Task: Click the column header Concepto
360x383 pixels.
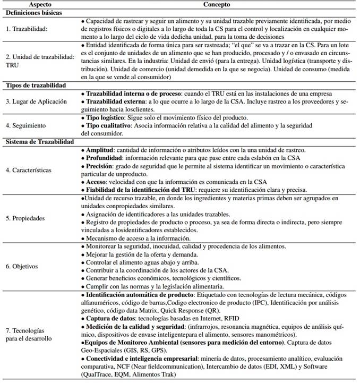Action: pos(216,4)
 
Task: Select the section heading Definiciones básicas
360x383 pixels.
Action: pos(32,12)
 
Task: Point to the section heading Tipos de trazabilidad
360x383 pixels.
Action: pos(36,84)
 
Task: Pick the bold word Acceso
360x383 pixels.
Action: pos(97,182)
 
